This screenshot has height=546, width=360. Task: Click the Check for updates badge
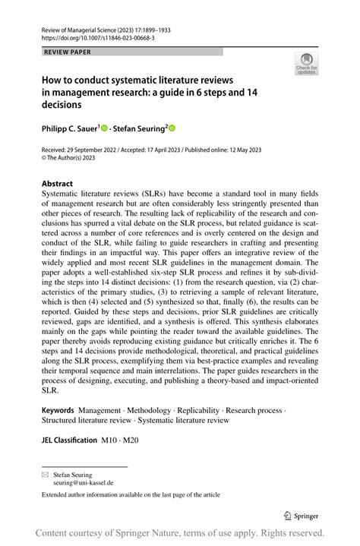click(306, 63)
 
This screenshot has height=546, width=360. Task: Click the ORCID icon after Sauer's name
click(105, 129)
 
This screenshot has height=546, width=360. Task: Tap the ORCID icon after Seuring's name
click(172, 129)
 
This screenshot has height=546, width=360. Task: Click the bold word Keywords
click(58, 410)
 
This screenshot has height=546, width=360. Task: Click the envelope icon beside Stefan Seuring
click(45, 473)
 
